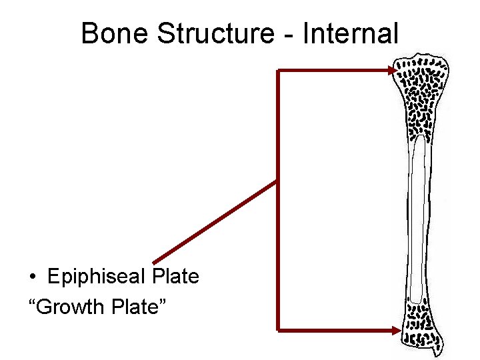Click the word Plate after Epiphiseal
[x=175, y=276]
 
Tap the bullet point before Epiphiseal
[x=32, y=277]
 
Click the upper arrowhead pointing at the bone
[x=391, y=70]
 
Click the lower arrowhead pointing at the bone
[x=391, y=329]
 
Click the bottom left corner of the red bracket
[x=278, y=329]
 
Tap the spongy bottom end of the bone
[x=421, y=327]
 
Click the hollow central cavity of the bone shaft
[x=418, y=220]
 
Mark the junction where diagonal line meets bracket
[x=277, y=181]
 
